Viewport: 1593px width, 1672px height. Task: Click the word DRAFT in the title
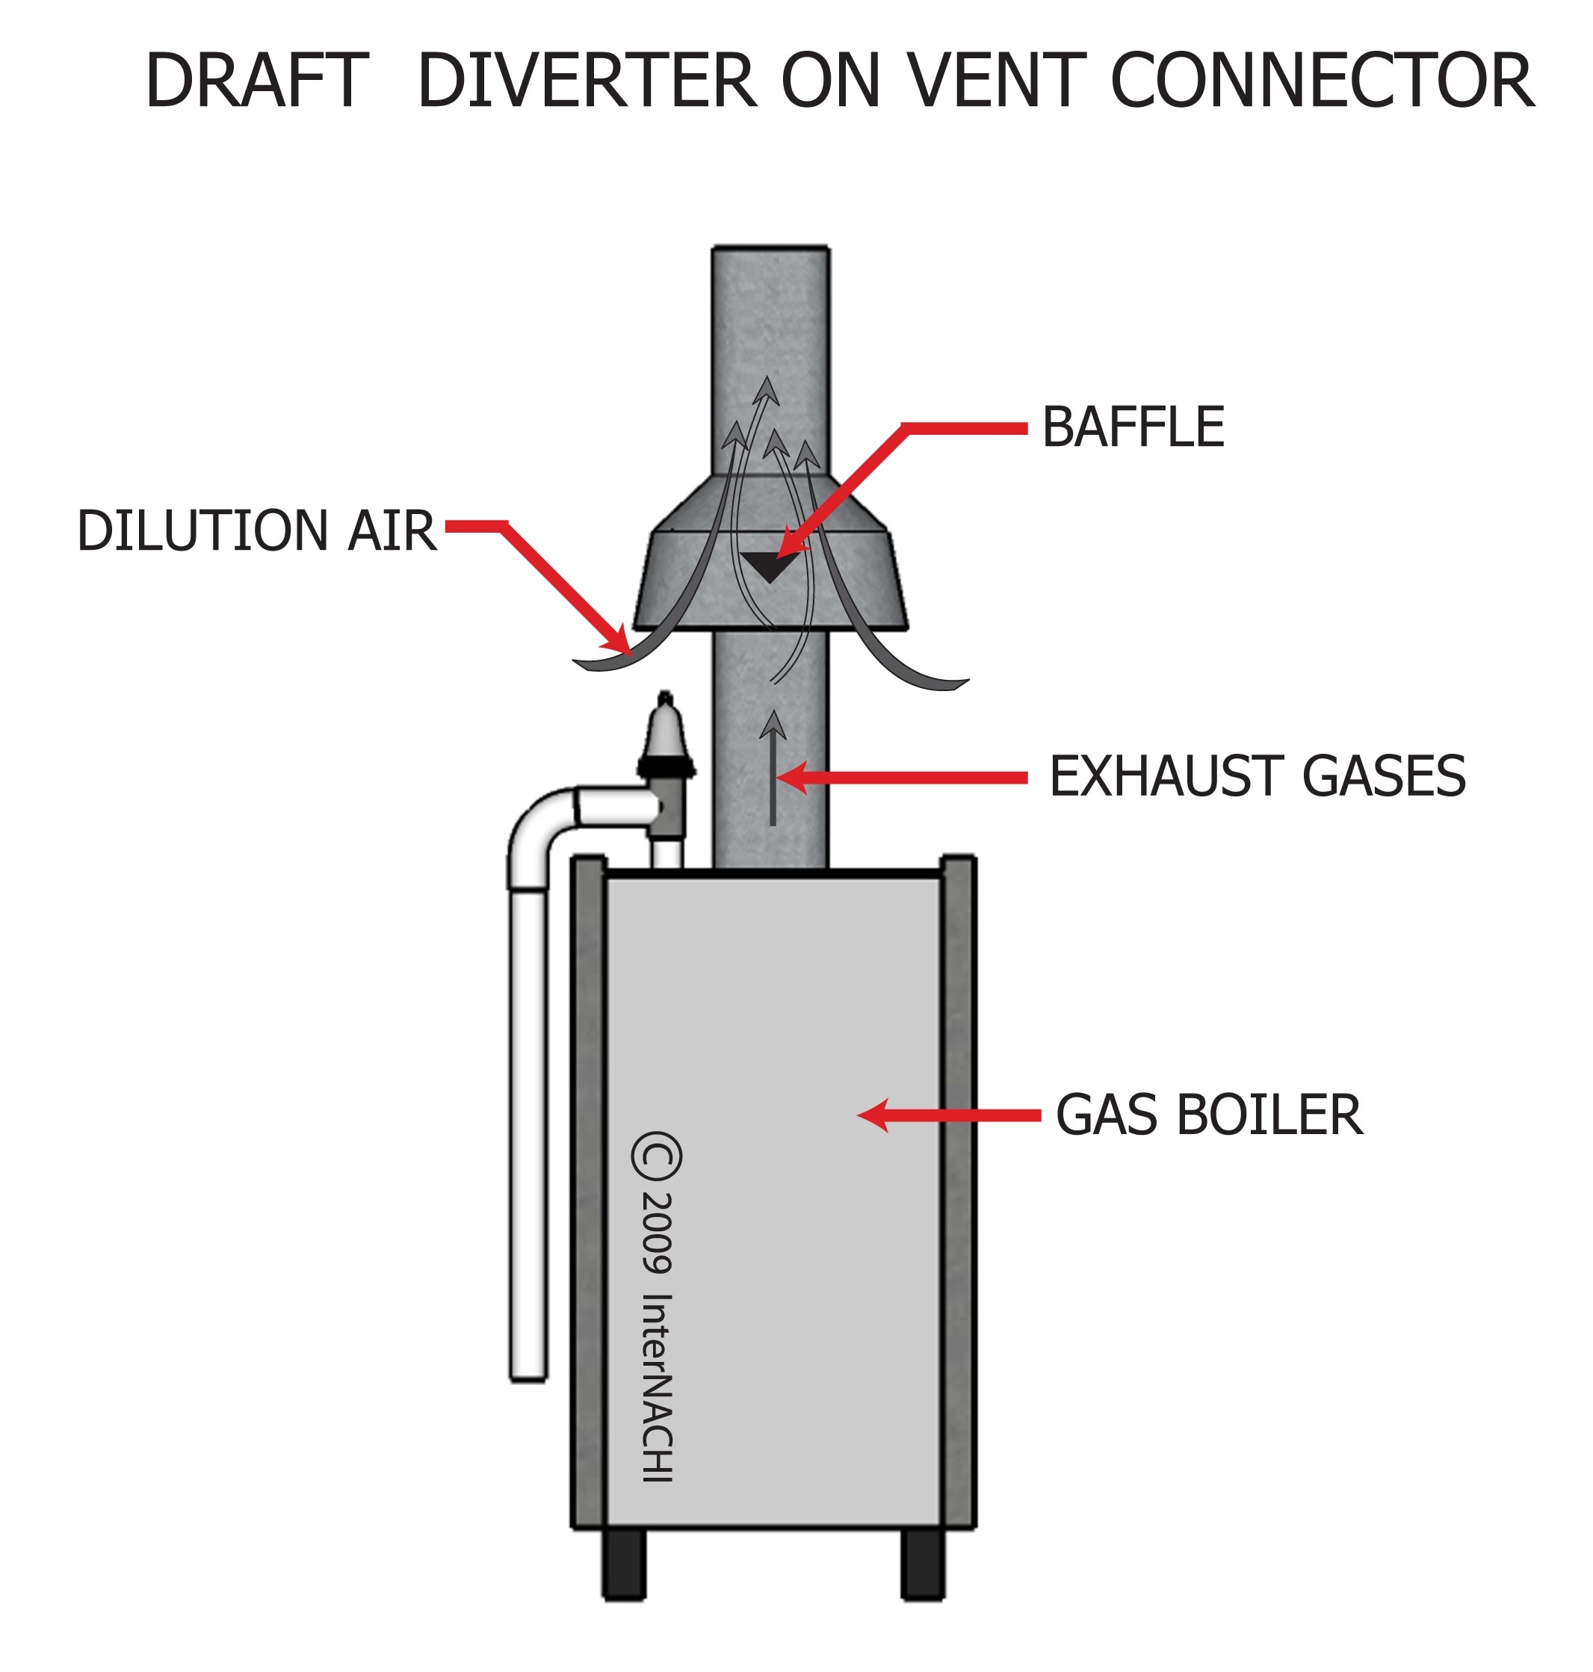[256, 81]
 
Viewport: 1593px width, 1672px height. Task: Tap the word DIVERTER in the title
[587, 81]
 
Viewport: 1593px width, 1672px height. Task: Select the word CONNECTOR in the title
[1321, 81]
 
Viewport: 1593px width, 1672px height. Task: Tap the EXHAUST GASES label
[1257, 776]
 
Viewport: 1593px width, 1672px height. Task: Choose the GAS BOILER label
[1208, 1114]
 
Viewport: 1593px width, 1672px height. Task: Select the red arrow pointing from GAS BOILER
[947, 1115]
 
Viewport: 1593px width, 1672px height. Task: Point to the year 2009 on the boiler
[656, 1232]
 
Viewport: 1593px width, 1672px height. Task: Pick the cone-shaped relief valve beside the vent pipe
[665, 730]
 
